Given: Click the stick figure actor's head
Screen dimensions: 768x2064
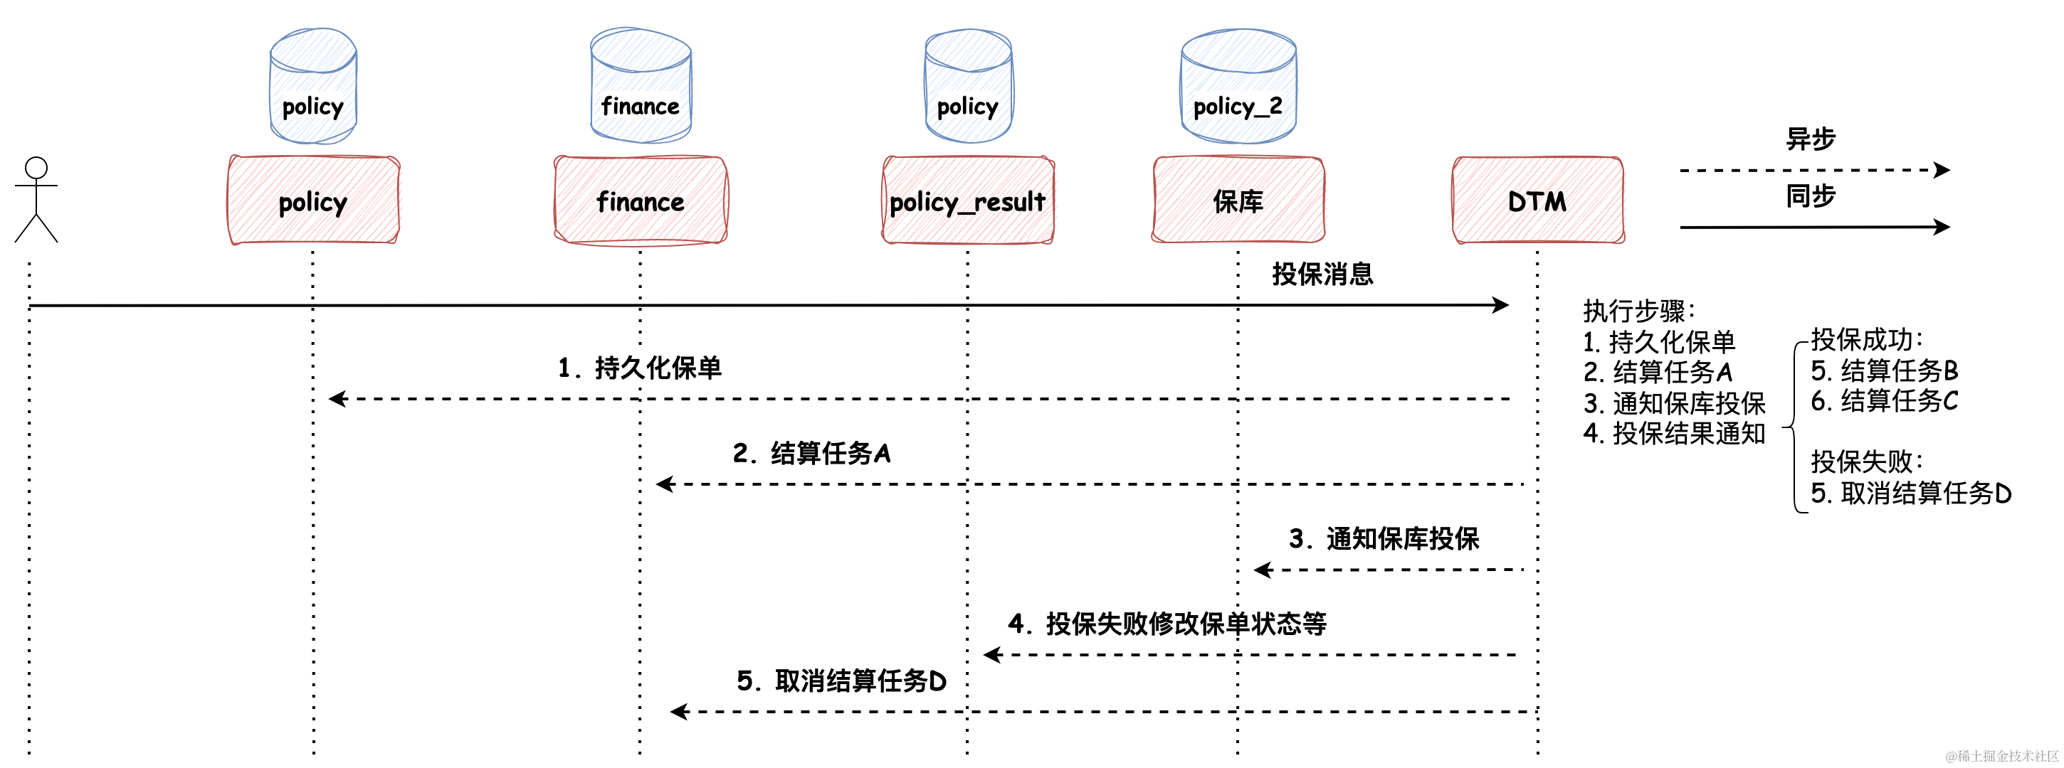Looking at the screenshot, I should click(x=36, y=168).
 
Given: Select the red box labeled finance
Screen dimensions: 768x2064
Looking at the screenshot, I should click(x=640, y=201).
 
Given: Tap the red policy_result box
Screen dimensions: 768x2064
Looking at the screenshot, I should click(x=967, y=201).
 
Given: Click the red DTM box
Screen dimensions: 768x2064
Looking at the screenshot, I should click(x=1537, y=201).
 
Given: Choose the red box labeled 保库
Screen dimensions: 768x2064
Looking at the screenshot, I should click(x=1238, y=201).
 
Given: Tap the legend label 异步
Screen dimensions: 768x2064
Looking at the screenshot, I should click(x=1810, y=139).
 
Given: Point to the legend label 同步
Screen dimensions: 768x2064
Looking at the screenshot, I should click(x=1810, y=196).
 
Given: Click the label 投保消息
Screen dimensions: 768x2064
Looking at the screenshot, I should click(x=1322, y=274).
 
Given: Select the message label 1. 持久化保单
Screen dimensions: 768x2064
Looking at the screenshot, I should click(x=639, y=368).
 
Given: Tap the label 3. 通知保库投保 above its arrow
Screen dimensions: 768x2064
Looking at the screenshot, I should click(x=1384, y=538).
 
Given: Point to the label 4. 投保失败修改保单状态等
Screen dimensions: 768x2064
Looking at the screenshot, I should click(x=1167, y=623).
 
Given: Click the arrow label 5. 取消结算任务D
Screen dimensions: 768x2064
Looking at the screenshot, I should click(x=841, y=681).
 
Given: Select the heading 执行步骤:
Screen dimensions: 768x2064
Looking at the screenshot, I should click(x=1638, y=311).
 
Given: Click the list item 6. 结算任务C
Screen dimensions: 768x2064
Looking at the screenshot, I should click(x=1884, y=400).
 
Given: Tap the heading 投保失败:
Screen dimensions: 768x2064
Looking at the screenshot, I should click(x=1866, y=462).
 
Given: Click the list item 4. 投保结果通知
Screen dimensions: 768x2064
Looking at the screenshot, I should click(x=1674, y=433).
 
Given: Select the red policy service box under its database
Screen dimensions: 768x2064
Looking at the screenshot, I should click(x=313, y=201).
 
